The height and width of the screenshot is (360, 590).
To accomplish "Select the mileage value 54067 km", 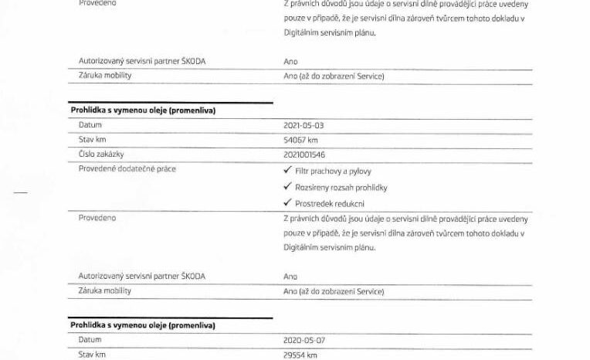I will (302, 140).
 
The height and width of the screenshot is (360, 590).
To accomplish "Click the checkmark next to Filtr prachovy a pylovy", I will (288, 171).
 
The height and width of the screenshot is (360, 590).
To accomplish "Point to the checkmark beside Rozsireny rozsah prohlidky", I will (288, 187).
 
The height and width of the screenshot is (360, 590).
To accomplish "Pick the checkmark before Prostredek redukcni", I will (288, 202).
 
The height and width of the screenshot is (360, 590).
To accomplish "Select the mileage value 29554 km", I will (302, 355).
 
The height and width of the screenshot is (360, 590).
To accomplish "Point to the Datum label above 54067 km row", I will (90, 125).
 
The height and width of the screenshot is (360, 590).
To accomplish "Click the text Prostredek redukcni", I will (330, 203).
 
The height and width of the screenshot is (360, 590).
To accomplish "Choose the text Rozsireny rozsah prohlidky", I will (341, 187).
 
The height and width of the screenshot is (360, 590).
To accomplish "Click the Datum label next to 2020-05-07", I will (90, 339).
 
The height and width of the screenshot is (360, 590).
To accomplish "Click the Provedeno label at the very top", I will (97, 4).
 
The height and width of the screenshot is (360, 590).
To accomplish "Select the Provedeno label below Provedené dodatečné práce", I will (97, 218).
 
